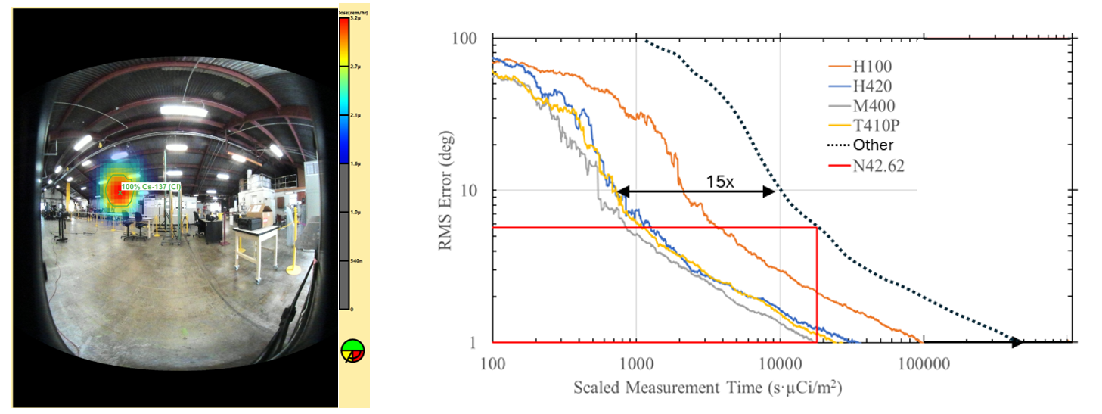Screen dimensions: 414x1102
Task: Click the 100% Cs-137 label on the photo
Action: (x=151, y=186)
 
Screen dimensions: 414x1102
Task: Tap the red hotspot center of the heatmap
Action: (x=119, y=191)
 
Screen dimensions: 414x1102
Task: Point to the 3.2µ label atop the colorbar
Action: (x=355, y=17)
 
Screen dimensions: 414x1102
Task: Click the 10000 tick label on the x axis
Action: (x=780, y=361)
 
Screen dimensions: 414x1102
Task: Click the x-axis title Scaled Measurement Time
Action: (x=707, y=388)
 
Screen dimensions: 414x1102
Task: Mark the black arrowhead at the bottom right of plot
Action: (x=1017, y=342)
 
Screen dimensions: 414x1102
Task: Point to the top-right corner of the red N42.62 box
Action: (x=817, y=227)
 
